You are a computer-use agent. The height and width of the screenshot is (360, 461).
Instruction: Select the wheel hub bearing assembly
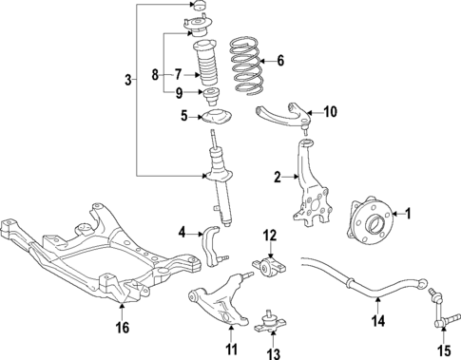coord(369,230)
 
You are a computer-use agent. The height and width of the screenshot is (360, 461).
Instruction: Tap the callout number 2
coord(278,176)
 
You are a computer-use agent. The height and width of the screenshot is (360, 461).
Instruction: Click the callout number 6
coord(279,60)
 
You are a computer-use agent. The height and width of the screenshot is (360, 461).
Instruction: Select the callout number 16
coord(121,329)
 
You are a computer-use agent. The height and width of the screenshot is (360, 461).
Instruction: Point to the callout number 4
coord(182,231)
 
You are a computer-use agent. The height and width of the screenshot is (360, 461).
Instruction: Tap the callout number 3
coord(129,81)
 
